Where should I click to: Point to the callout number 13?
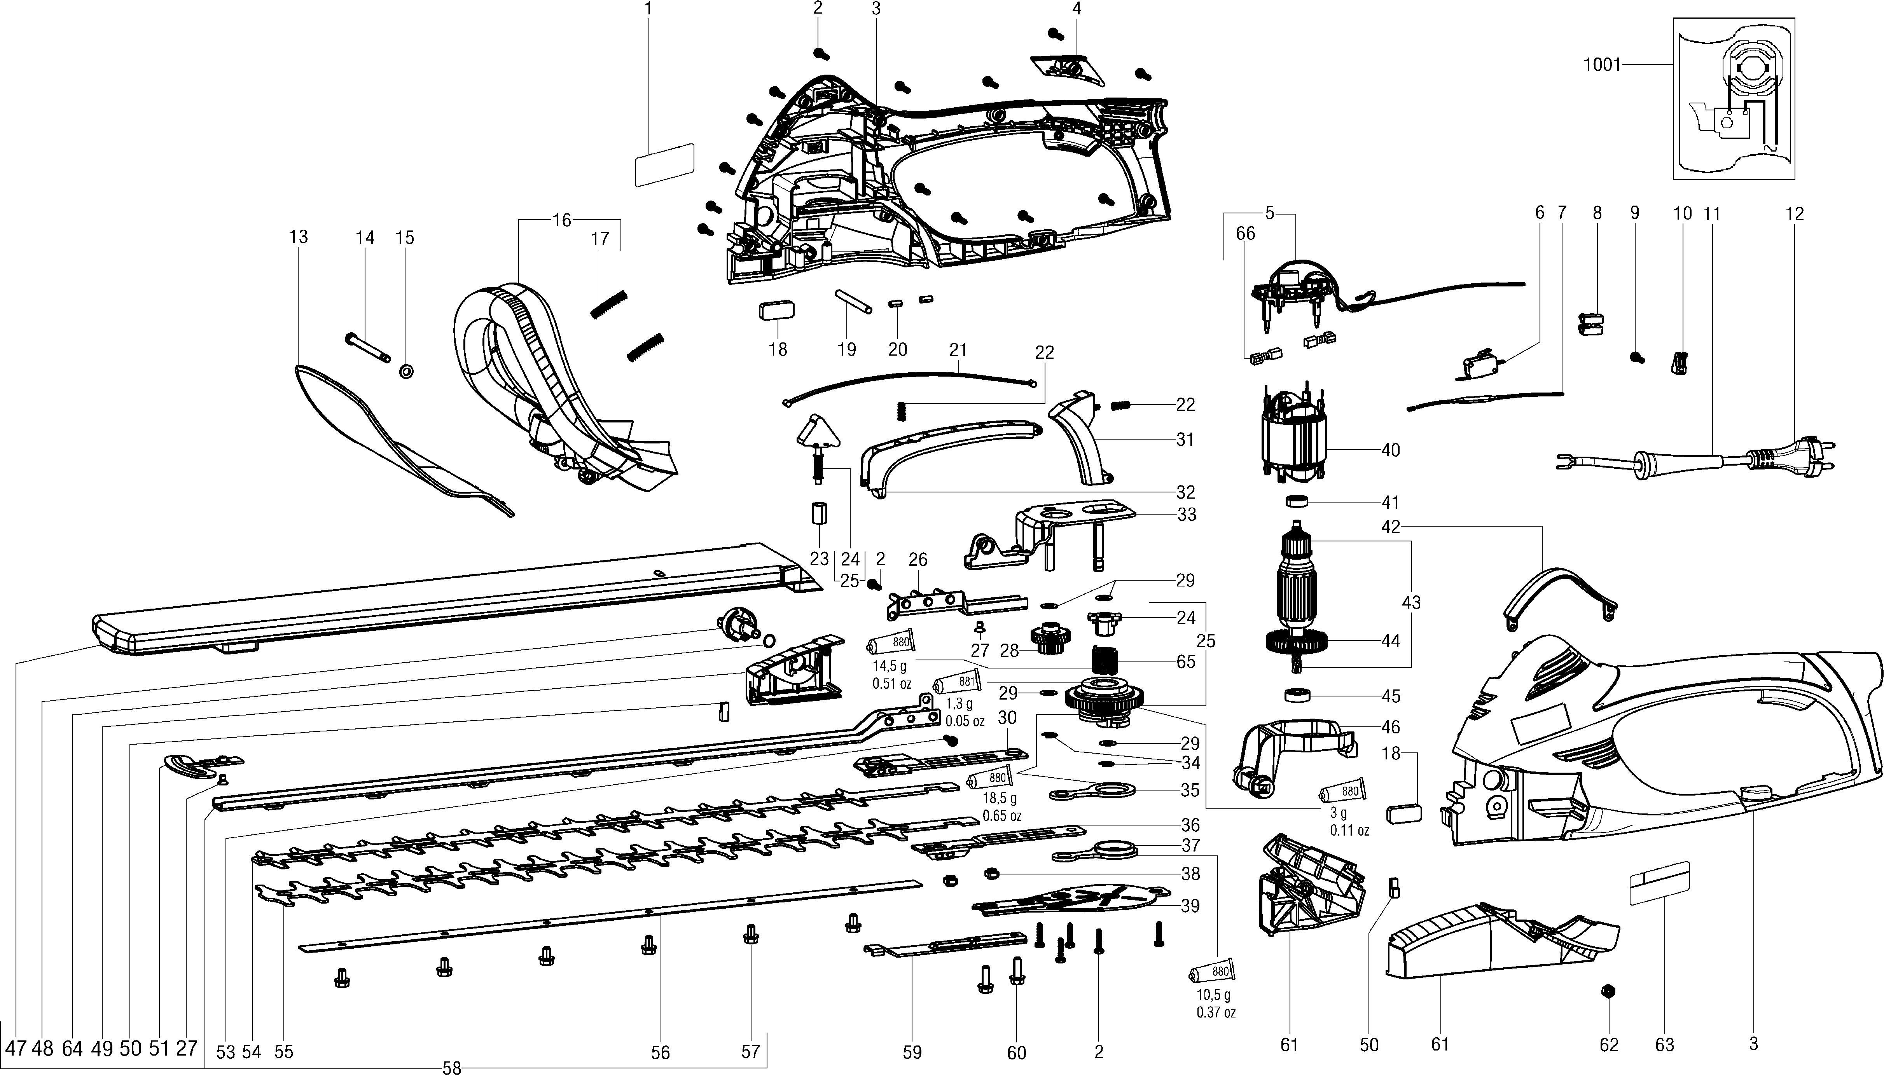click(x=298, y=237)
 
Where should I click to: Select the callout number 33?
click(x=1186, y=514)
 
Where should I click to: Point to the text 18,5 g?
click(x=999, y=798)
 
